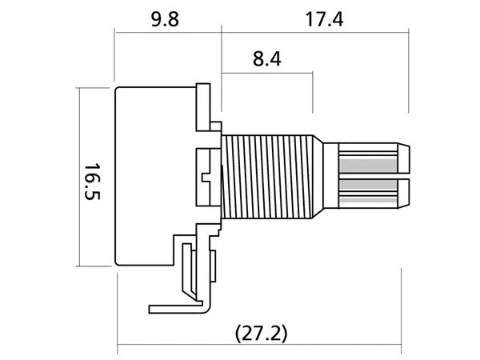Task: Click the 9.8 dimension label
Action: pos(165,19)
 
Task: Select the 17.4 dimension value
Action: pos(324,19)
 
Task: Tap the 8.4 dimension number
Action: pos(266,59)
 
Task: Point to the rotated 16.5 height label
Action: pos(92,182)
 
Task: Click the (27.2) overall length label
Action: pos(261,334)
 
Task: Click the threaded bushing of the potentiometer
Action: pos(267,177)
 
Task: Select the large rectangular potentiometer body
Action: pos(155,176)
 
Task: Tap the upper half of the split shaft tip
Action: pos(374,158)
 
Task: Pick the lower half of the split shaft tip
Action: pos(374,193)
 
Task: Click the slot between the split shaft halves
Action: pos(374,176)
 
